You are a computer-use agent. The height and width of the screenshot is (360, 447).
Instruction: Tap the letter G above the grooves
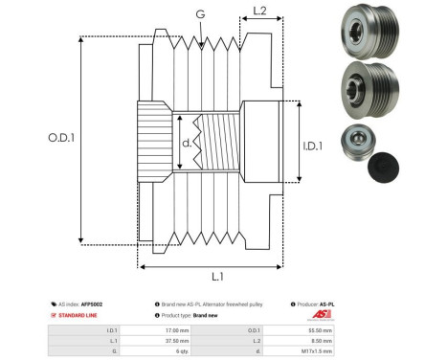pos(199,14)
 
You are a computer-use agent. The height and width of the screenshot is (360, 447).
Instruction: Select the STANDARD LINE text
pos(79,314)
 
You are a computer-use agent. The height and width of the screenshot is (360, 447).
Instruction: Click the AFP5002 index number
pos(92,304)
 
